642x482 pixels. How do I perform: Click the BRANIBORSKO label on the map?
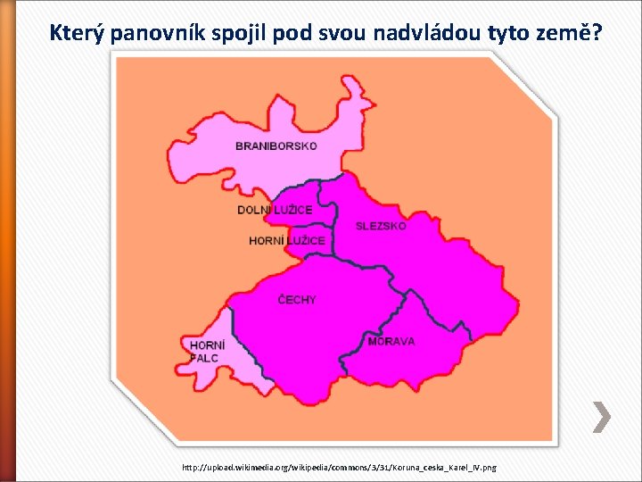tap(276, 145)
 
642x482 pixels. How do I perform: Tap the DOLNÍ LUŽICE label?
tap(275, 210)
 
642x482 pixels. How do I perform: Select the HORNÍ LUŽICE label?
tap(287, 241)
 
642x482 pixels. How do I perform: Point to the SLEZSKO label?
tap(381, 226)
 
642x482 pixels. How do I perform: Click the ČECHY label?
tap(297, 300)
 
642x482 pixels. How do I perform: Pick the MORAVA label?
tap(391, 341)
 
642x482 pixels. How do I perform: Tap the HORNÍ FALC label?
tap(207, 351)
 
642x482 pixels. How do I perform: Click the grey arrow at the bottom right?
tap(602, 416)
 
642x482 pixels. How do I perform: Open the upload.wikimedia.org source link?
tap(339, 467)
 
